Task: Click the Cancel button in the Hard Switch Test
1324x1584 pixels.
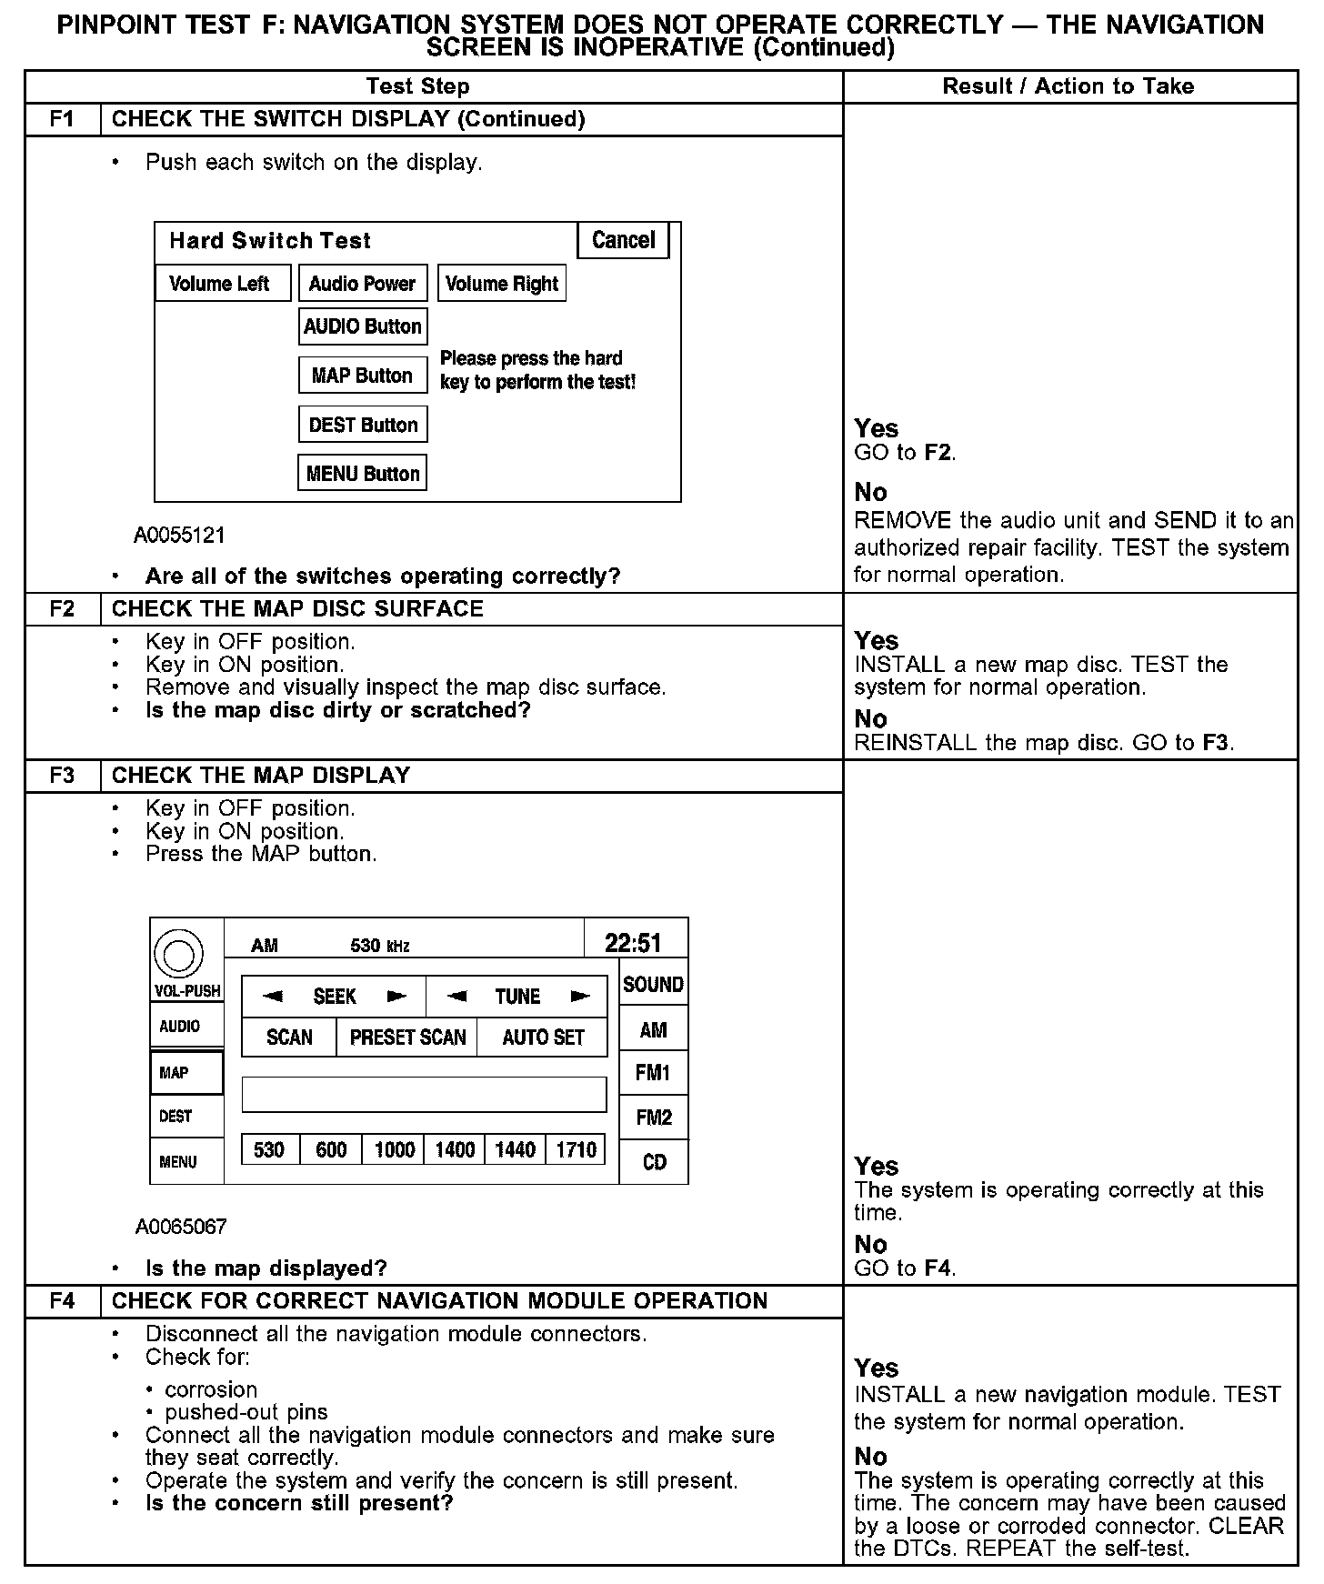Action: pos(624,240)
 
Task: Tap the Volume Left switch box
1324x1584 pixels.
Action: pos(223,284)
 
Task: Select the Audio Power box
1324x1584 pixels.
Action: pos(362,284)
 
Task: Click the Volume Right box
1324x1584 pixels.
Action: pos(501,284)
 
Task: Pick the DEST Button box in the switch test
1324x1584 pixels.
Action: pos(363,425)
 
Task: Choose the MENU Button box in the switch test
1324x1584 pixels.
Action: pos(363,474)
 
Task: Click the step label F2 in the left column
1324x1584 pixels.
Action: pos(62,608)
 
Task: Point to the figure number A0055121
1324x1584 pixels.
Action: pos(179,535)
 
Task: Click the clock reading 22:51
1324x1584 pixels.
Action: pos(634,943)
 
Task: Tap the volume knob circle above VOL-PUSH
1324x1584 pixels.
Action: pos(178,954)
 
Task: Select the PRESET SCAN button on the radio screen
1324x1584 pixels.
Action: pos(407,1038)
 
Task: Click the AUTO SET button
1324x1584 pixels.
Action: pos(543,1038)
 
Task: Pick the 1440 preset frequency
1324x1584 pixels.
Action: pos(515,1150)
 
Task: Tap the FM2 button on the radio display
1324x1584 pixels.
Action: pos(654,1118)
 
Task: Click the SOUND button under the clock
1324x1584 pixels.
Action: pos(653,985)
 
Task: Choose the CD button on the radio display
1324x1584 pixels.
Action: pos(654,1162)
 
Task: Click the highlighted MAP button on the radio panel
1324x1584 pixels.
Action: pos(186,1073)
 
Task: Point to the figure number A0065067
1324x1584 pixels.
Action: pos(181,1227)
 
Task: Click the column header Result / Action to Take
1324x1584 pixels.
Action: pos(1068,86)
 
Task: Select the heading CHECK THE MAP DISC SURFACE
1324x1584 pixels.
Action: pos(297,608)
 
